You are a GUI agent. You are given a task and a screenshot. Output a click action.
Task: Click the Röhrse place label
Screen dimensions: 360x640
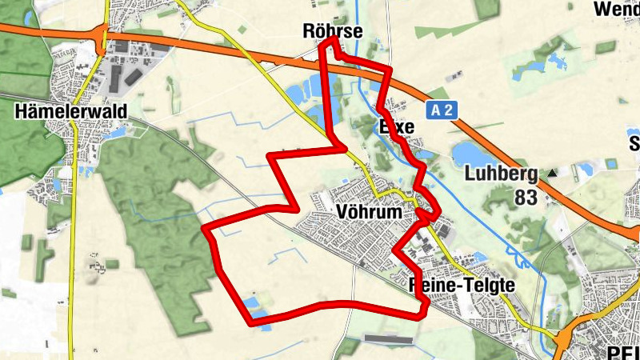[x=334, y=31]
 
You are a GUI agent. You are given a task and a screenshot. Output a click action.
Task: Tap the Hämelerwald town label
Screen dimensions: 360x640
[x=70, y=111]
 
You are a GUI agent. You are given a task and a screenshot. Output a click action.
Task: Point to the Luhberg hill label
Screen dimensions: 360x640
[x=502, y=174]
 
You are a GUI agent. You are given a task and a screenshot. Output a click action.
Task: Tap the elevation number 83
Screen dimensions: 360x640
[x=526, y=197]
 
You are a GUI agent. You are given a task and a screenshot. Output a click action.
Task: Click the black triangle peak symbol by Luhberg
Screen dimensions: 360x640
[x=551, y=173]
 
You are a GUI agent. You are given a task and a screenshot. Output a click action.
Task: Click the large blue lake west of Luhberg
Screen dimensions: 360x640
[x=467, y=152]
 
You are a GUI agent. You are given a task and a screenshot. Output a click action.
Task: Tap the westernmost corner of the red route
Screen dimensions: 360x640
[x=206, y=230]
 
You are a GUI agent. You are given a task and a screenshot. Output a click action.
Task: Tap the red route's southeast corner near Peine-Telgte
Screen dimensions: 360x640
[x=421, y=314]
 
